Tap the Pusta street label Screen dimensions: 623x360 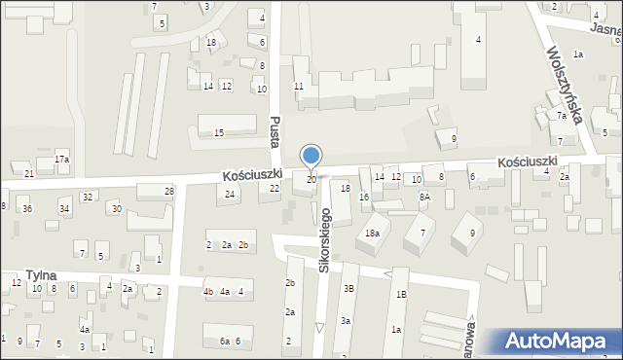coord(275,127)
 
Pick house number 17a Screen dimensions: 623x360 coord(61,159)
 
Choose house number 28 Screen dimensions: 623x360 coord(169,191)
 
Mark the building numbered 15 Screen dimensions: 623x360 coord(219,132)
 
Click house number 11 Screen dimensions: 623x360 coord(299,87)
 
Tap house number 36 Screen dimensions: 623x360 coord(27,209)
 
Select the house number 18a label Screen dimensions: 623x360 coord(372,233)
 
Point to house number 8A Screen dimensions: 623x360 coord(424,197)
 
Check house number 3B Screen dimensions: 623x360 coord(348,288)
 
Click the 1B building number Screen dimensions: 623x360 coord(400,293)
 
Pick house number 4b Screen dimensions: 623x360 coord(207,292)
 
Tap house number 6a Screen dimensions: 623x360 coord(224,341)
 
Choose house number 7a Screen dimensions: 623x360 coord(562,115)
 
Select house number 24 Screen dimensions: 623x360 coord(230,195)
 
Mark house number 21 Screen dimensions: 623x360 coord(29,173)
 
